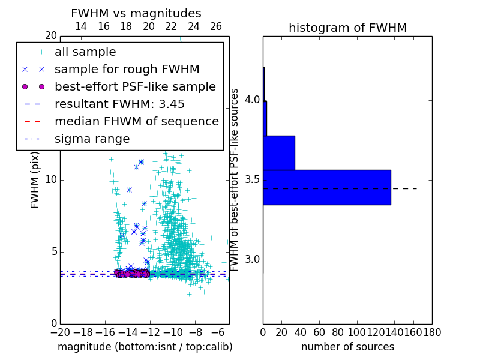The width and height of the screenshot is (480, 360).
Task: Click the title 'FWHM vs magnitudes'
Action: click(136, 14)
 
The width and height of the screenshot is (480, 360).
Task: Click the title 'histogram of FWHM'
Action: click(347, 28)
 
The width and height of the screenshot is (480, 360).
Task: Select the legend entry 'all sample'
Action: click(85, 52)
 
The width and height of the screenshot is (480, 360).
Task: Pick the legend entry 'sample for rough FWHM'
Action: click(127, 70)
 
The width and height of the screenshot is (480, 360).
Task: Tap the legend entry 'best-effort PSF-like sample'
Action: click(135, 86)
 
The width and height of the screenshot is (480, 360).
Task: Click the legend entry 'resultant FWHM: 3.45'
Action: click(119, 104)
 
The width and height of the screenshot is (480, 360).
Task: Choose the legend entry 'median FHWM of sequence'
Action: click(136, 121)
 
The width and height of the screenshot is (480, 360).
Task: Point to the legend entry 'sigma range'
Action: click(92, 139)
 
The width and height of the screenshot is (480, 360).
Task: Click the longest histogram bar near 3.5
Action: click(327, 187)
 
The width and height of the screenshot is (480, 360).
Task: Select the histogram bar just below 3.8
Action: click(279, 153)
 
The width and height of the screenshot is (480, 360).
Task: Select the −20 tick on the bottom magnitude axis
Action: click(59, 332)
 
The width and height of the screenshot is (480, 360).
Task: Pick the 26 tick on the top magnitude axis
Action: click(216, 26)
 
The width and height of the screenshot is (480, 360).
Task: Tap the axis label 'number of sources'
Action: click(347, 347)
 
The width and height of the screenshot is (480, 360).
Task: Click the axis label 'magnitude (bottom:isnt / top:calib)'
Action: click(145, 347)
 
